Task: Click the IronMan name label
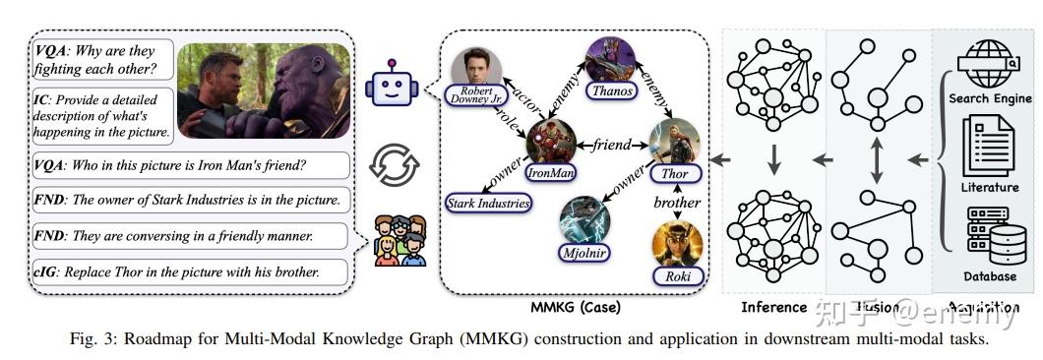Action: click(x=550, y=171)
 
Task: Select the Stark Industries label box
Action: click(x=489, y=204)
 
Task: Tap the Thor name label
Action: click(x=674, y=173)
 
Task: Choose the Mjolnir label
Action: click(x=583, y=253)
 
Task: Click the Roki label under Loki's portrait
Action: click(x=678, y=276)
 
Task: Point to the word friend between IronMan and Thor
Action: click(x=612, y=146)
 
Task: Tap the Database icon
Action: click(x=988, y=232)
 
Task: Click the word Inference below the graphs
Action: click(x=773, y=307)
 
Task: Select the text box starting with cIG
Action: click(x=190, y=271)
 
